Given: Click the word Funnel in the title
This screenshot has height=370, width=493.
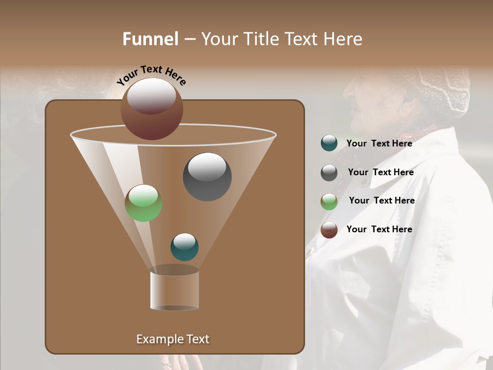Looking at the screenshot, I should click(150, 39).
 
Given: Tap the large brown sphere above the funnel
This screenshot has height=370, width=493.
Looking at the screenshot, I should click(152, 108).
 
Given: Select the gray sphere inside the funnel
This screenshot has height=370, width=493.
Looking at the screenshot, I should click(207, 177).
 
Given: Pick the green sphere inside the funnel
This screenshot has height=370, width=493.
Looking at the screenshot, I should click(144, 203).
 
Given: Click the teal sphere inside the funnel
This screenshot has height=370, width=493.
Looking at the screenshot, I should click(184, 247).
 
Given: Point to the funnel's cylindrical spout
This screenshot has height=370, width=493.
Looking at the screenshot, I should click(175, 290).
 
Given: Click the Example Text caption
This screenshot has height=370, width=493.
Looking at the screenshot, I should click(173, 339).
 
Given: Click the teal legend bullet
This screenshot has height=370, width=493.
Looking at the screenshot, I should click(329, 143).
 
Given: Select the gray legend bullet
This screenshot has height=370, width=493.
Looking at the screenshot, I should click(329, 173).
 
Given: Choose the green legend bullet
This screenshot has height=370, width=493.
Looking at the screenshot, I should click(329, 201).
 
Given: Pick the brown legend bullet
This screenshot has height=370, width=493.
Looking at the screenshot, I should click(329, 230).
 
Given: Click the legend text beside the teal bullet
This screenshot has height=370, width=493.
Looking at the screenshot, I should click(379, 143).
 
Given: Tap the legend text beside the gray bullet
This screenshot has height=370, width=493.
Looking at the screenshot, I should click(381, 172).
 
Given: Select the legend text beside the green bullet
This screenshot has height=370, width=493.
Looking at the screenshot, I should click(382, 200).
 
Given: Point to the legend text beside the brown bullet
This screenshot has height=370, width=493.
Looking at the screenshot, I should click(379, 229).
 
